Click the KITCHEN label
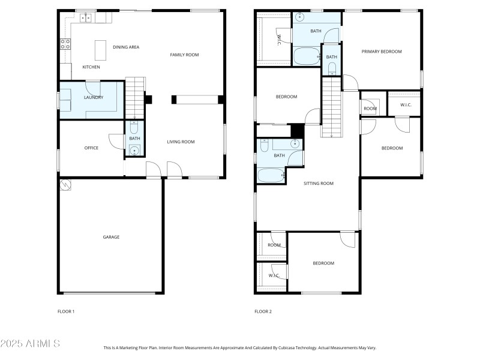tap(91, 67)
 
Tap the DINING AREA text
tap(126, 47)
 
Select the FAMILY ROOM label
tap(184, 55)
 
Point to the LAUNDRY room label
tap(94, 97)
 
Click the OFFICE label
tap(91, 148)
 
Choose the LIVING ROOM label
tap(181, 142)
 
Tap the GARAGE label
tap(111, 237)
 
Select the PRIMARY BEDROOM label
tap(382, 52)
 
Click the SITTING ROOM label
tap(319, 184)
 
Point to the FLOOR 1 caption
tap(66, 311)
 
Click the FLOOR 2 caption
tap(263, 311)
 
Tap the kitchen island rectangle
tap(100, 47)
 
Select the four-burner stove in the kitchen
tap(65, 43)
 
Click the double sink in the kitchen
tap(86, 18)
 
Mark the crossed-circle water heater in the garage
tap(65, 185)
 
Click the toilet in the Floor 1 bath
tap(134, 127)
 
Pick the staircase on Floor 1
tap(135, 98)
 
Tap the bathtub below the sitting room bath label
tap(271, 176)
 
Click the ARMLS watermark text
tap(30, 344)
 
